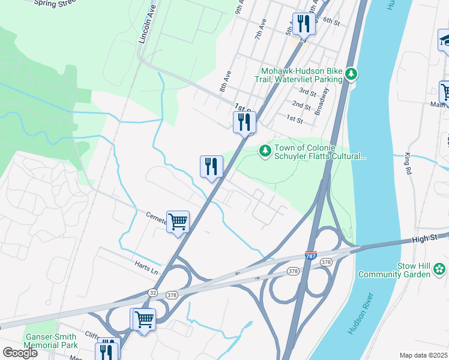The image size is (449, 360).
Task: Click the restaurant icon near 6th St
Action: click(304, 24)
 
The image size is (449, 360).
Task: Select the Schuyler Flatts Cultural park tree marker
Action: click(264, 151)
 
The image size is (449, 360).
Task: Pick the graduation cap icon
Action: click(445, 40)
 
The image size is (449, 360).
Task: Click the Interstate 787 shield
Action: click(311, 256)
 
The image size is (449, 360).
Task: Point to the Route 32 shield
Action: click(153, 292)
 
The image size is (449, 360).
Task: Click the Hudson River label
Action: click(360, 314)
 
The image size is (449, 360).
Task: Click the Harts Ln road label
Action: click(146, 268)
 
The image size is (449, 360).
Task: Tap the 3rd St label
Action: click(307, 92)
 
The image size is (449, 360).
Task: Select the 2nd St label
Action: click(301, 105)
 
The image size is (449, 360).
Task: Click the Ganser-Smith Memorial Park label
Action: click(51, 341)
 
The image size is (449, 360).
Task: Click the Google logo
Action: click(19, 353)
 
